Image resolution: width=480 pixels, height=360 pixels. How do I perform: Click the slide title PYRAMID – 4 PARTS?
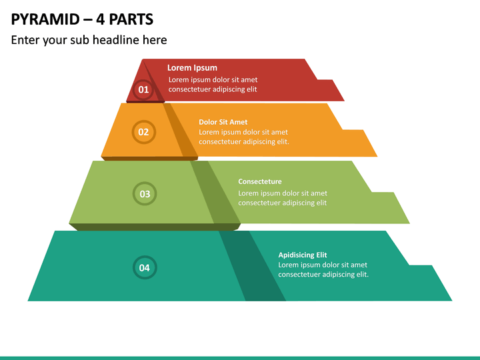point(82,19)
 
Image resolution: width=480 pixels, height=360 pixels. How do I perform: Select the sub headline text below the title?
point(89,40)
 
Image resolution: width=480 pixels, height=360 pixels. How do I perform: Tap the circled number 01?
point(143,90)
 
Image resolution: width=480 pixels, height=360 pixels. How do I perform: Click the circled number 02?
point(143,132)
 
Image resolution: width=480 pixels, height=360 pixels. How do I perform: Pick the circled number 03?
point(145,193)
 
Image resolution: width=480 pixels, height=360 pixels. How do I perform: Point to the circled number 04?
point(145,267)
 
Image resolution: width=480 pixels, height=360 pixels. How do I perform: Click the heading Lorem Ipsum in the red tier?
point(192,68)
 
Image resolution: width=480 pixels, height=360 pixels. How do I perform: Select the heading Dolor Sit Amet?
point(223,122)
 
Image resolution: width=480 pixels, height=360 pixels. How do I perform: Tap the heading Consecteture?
point(260,181)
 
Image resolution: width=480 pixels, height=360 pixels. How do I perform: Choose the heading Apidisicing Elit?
point(303,255)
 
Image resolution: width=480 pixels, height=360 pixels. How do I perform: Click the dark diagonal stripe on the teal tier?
point(252,266)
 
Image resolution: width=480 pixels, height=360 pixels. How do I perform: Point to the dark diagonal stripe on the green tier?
point(215,192)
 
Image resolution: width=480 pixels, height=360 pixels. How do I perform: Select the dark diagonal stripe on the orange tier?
point(180,130)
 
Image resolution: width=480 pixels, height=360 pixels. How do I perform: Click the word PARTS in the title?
point(131,19)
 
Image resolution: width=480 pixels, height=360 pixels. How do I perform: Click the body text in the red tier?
point(213,85)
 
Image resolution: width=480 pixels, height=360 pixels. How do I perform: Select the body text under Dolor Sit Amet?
point(244,137)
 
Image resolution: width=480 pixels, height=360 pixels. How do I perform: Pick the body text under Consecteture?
point(283,198)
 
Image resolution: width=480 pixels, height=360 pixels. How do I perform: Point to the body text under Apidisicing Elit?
point(323,270)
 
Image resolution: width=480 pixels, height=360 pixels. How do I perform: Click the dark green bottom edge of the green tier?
point(155,227)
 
